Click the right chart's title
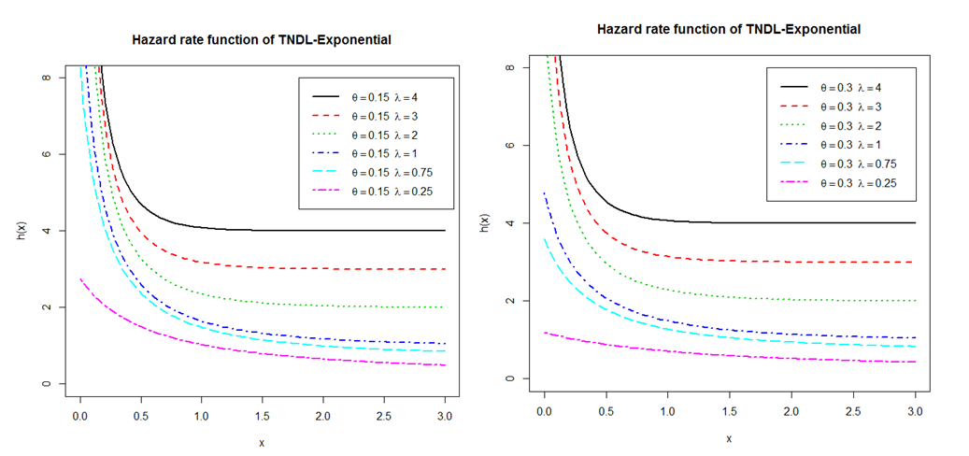click(728, 30)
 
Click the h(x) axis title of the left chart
click(21, 231)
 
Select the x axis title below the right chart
click(728, 437)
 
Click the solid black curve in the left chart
click(280, 230)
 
